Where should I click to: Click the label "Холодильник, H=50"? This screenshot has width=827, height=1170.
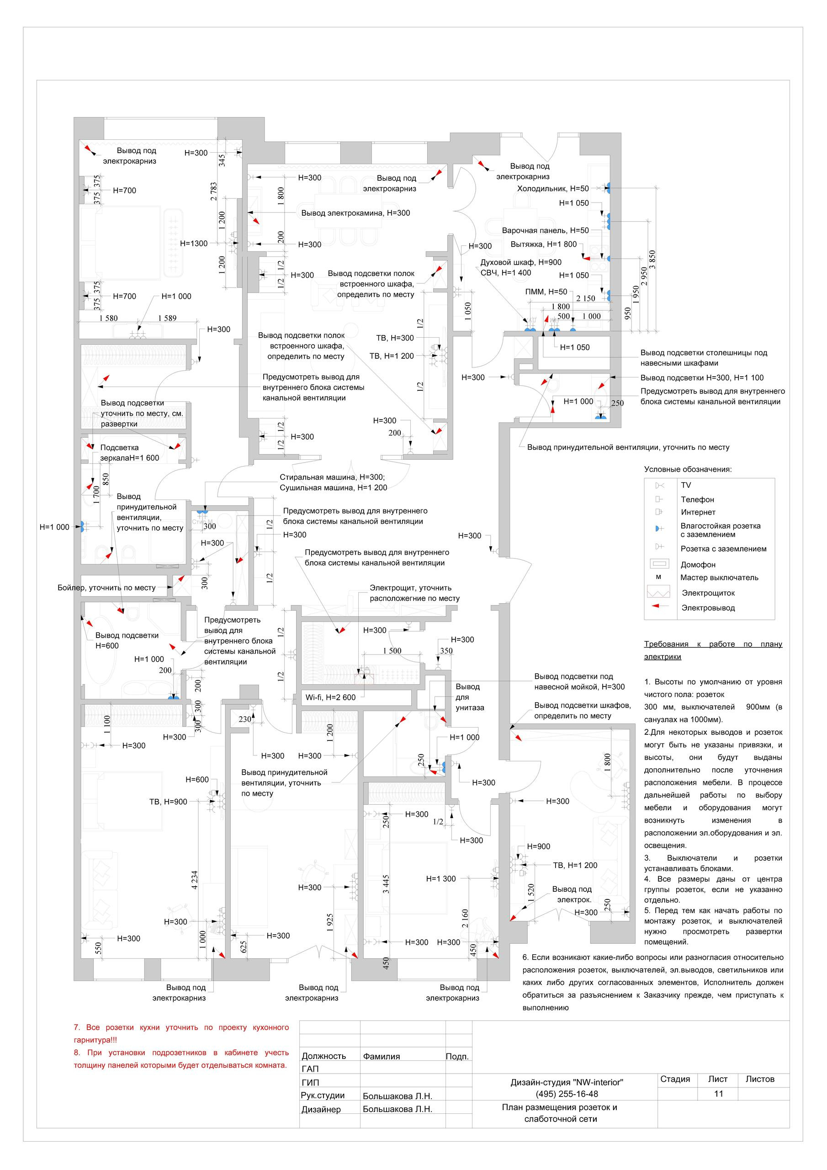pyautogui.click(x=553, y=189)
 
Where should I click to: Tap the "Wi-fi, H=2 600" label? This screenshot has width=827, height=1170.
pyautogui.click(x=330, y=697)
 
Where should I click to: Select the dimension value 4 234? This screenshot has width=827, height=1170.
pyautogui.click(x=194, y=881)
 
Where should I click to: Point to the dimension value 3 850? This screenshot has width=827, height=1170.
pyautogui.click(x=652, y=261)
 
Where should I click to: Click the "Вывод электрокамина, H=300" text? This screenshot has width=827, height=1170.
pyautogui.click(x=355, y=213)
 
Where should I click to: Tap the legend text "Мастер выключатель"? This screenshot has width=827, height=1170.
pyautogui.click(x=719, y=577)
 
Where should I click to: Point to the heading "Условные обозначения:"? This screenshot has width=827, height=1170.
pyautogui.click(x=687, y=469)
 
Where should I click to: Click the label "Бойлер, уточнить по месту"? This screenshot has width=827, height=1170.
pyautogui.click(x=106, y=588)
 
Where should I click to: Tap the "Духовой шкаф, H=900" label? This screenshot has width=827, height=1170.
pyautogui.click(x=521, y=262)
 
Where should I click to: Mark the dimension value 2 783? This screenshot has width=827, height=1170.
pyautogui.click(x=213, y=191)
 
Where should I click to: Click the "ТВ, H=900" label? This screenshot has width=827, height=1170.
pyautogui.click(x=168, y=802)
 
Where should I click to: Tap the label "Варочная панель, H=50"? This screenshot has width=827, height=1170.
pyautogui.click(x=545, y=230)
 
